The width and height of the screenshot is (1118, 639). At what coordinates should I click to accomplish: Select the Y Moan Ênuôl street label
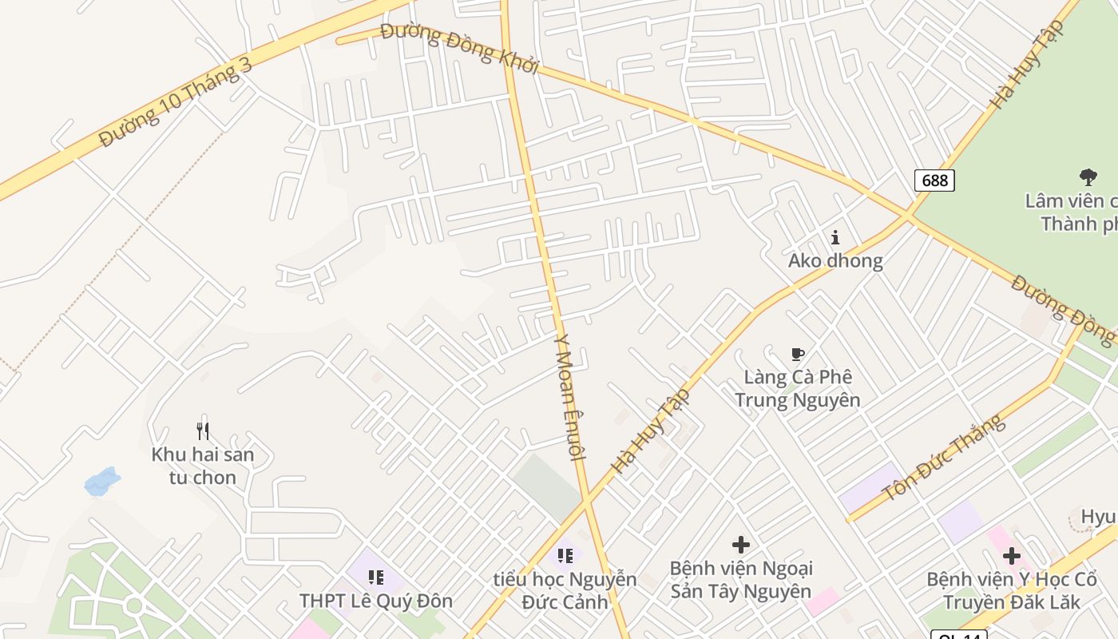(569, 397)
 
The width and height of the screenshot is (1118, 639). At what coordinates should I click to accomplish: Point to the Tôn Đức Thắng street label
(943, 458)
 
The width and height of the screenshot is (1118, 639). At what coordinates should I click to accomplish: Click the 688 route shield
(934, 180)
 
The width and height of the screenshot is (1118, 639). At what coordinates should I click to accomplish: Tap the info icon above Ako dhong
(835, 237)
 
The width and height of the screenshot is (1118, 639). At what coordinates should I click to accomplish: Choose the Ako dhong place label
(835, 260)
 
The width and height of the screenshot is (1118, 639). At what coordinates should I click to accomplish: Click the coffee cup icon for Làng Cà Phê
(796, 354)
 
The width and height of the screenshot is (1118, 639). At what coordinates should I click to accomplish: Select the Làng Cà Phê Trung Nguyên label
(798, 388)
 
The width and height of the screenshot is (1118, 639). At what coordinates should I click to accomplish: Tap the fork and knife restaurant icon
(203, 431)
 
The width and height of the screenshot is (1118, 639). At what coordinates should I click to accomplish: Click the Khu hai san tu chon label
(203, 466)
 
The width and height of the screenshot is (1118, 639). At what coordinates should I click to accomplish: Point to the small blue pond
(101, 482)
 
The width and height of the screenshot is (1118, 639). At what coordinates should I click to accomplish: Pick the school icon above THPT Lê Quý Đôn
(375, 577)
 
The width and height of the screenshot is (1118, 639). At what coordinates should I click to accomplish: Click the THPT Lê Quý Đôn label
(376, 601)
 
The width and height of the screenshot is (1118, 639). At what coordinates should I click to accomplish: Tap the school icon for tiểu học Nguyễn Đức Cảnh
(565, 555)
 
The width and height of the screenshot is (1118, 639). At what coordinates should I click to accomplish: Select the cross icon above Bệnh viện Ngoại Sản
(741, 545)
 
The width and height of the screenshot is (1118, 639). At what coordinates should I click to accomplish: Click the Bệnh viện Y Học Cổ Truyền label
(1012, 590)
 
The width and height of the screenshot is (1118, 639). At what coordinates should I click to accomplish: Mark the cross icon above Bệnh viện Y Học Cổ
(1012, 555)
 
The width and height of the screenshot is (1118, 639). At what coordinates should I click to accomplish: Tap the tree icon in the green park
(1088, 177)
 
